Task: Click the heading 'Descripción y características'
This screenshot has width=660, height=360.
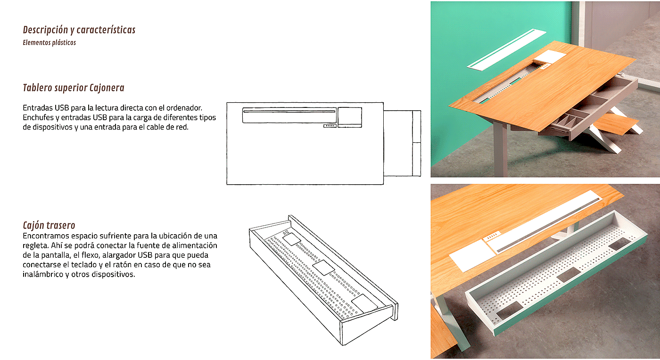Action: coord(79,30)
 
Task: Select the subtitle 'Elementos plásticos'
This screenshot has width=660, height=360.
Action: coord(49,43)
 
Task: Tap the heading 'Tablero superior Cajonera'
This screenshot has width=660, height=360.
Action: coord(74,88)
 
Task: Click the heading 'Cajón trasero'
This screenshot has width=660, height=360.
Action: coord(49,225)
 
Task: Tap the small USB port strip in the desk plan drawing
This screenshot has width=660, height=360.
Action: coord(330,126)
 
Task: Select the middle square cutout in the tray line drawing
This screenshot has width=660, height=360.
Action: coord(323,268)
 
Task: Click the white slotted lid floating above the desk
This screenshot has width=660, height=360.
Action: coord(506,49)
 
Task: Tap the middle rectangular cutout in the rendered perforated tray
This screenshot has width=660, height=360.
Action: coord(569,275)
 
